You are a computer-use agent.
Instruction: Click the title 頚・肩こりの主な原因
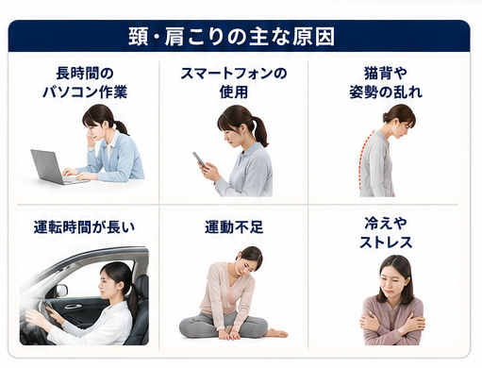point(231,37)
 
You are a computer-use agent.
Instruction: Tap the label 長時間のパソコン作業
point(85,83)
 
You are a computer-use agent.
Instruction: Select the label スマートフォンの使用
point(234,83)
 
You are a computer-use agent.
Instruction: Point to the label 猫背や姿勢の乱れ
point(386,83)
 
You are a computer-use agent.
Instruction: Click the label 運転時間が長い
point(84,227)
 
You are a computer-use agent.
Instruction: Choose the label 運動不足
point(234,227)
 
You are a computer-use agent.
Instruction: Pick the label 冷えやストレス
point(386,233)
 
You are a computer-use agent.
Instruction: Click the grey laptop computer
point(57,168)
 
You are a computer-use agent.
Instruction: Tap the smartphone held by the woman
point(200,159)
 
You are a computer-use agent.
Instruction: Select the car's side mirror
point(62,290)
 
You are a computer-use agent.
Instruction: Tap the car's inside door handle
point(72,306)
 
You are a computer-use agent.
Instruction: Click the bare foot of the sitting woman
point(275,333)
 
